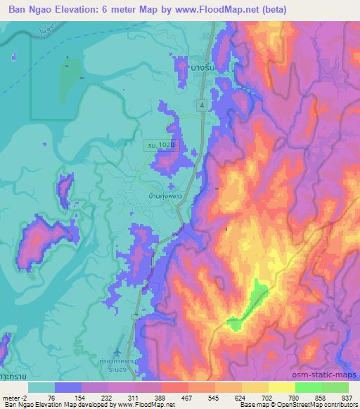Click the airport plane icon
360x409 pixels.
117,349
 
